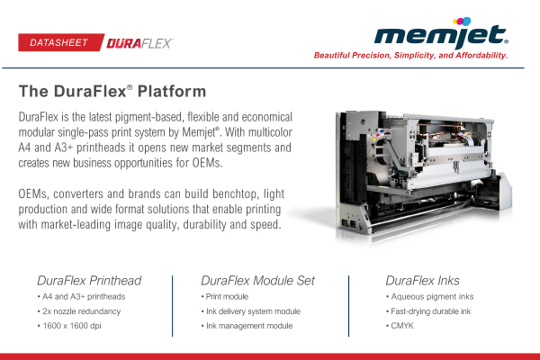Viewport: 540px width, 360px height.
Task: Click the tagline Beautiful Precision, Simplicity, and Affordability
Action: point(411,56)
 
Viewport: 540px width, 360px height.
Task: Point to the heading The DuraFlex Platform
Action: point(112,92)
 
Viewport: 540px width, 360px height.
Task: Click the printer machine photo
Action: point(423,172)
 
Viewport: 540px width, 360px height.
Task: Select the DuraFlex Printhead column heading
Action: point(89,280)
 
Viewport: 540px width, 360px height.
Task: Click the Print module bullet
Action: point(226,296)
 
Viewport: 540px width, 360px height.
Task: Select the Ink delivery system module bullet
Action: point(251,310)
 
